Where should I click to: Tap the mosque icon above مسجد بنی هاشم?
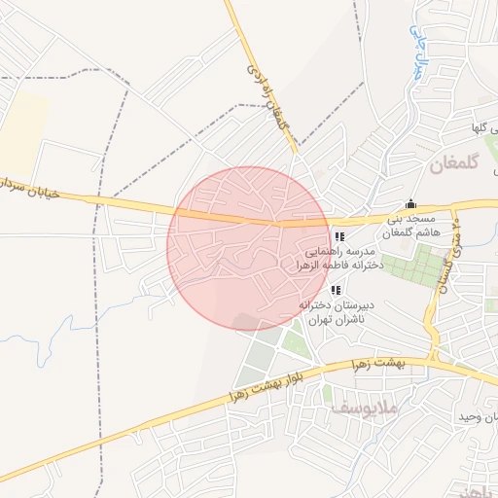pos(410,204)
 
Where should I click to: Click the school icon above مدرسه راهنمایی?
pos(339,236)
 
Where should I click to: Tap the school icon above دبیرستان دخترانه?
pos(336,290)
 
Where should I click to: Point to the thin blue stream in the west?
pos(49,326)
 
